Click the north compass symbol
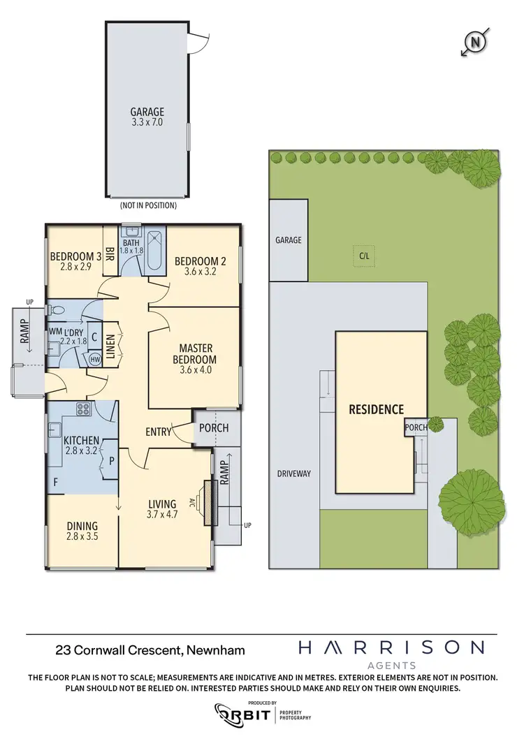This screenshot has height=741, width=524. pos(476,43)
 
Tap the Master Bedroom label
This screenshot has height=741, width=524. pos(196,354)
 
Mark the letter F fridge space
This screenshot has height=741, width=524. pos(55,482)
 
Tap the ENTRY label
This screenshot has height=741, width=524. pos(159,432)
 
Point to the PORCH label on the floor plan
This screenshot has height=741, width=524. pos(214,427)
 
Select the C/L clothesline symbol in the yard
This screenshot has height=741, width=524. pos(363,256)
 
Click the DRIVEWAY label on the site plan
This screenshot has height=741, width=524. pos(293,474)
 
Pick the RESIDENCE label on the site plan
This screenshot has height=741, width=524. pos(377,409)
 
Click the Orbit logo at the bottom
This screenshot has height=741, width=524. pos(244,713)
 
